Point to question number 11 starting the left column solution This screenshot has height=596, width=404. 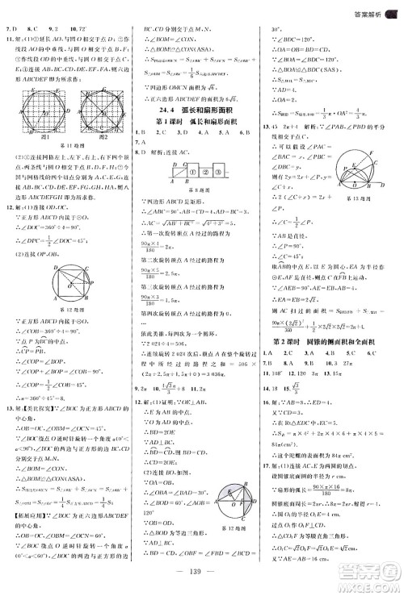click(x=9, y=36)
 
